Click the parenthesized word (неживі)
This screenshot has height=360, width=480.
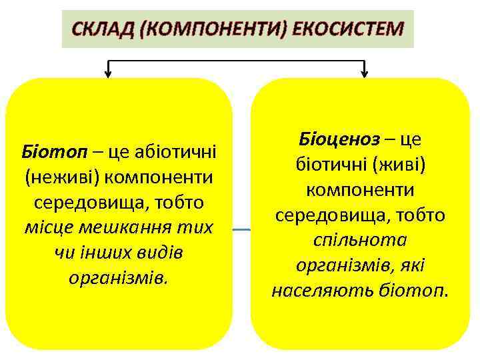(x=59, y=177)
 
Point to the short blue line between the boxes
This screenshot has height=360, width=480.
(x=241, y=229)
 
